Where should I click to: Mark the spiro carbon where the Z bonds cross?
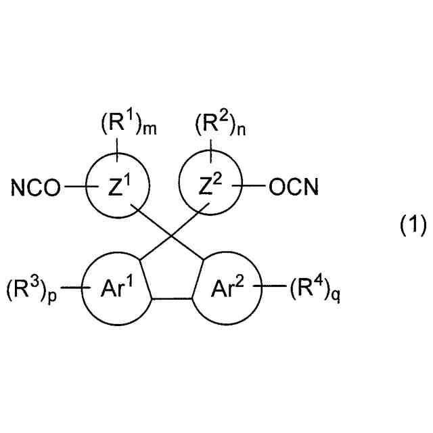point(169,237)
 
